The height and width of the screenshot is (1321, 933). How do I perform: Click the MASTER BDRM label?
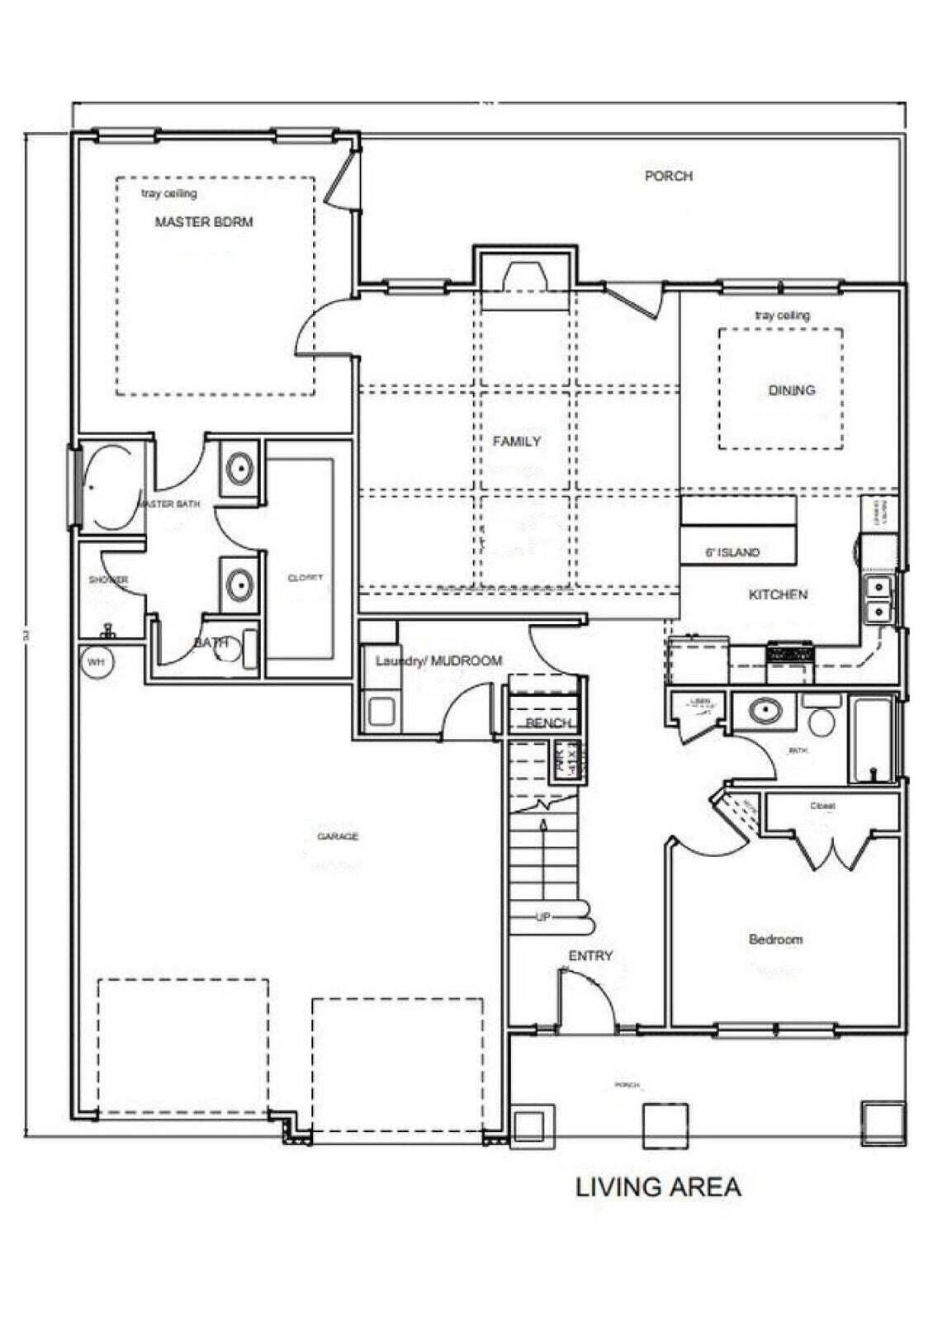(x=204, y=222)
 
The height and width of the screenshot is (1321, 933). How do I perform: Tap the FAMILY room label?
(x=517, y=442)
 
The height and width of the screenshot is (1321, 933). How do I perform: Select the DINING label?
(x=791, y=391)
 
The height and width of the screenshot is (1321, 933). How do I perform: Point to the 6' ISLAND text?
(x=732, y=552)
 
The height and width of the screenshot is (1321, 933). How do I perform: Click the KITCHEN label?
(x=778, y=594)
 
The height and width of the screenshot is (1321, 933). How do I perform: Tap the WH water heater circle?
(x=97, y=662)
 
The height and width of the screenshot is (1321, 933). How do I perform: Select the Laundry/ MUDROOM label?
(x=438, y=661)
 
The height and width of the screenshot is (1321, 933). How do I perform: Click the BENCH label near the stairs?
(x=548, y=723)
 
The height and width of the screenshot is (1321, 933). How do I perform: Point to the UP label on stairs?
(x=543, y=916)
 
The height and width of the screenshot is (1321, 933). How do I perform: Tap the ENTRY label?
(x=590, y=956)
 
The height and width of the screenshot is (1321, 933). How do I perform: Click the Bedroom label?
(x=775, y=940)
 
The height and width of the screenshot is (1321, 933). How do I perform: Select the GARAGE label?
(x=338, y=836)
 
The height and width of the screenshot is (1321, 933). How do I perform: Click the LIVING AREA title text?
(x=658, y=1187)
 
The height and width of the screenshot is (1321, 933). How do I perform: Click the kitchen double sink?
(x=879, y=599)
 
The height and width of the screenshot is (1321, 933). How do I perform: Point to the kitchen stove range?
(x=790, y=655)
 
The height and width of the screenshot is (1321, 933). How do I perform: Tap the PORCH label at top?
(x=668, y=176)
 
